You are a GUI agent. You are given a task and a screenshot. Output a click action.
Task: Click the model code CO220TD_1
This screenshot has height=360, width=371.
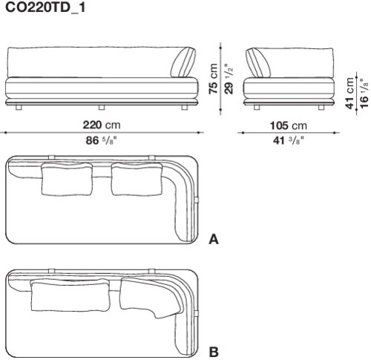(45, 7)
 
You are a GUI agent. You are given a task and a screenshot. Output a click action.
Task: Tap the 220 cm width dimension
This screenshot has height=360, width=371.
(102, 125)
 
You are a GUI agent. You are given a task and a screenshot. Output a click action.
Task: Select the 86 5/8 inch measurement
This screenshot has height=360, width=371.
(101, 140)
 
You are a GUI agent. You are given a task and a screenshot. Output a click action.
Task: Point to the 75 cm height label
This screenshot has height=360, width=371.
(213, 79)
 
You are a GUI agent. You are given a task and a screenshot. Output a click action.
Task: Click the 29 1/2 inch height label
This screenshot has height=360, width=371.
(229, 79)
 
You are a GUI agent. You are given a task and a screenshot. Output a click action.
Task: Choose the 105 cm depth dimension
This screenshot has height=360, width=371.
(288, 125)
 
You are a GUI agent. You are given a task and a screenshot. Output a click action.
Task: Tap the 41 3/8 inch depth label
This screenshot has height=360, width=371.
(288, 141)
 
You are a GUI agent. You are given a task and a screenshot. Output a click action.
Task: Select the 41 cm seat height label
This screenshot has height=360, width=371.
(350, 93)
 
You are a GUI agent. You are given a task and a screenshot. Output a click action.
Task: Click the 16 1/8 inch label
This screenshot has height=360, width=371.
(364, 94)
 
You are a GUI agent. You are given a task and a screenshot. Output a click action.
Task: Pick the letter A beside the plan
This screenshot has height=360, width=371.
(214, 240)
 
